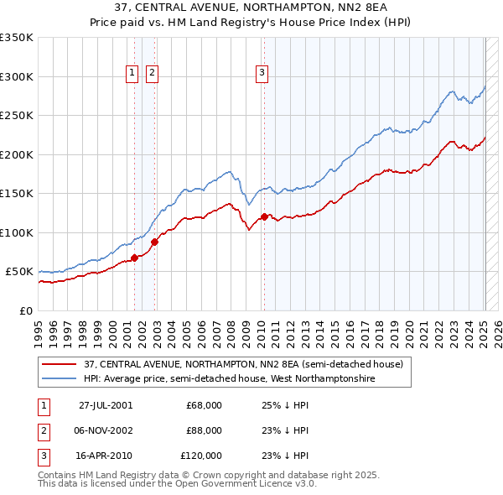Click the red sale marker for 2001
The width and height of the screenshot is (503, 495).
click(134, 258)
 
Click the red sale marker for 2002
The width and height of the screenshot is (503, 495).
click(154, 242)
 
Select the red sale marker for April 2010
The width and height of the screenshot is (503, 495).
click(264, 217)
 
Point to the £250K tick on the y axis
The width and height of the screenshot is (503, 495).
click(17, 116)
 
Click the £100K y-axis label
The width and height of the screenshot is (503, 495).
click(17, 232)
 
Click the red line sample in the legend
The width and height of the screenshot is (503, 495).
click(60, 365)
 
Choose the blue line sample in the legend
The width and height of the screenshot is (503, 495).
click(60, 379)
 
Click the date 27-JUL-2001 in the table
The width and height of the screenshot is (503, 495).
click(106, 405)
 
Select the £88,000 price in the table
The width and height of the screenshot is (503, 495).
click(204, 430)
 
